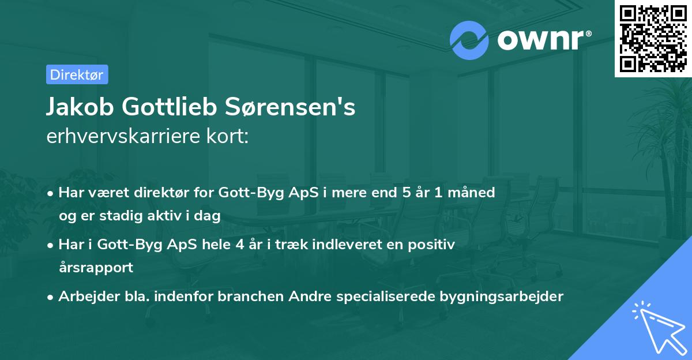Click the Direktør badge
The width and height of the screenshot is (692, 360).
coord(77,74)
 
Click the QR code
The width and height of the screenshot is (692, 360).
coord(653,38)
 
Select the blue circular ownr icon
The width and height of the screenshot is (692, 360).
coord(469,40)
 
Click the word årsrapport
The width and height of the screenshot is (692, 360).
coord(96,268)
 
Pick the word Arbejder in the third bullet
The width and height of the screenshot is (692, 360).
coord(84,297)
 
